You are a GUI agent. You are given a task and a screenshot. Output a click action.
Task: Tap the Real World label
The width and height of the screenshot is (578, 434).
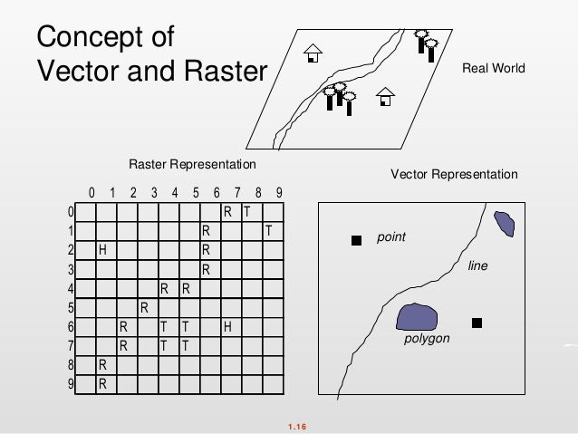[x=494, y=68]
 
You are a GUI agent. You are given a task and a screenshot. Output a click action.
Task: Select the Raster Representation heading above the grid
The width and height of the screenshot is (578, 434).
[x=192, y=165]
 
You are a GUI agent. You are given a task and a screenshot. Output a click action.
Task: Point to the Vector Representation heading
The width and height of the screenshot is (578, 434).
[x=454, y=174]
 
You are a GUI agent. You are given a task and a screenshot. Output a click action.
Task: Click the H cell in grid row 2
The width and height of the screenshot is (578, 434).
[x=103, y=249]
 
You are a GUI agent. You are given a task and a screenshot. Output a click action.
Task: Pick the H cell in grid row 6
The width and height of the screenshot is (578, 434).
[x=227, y=326]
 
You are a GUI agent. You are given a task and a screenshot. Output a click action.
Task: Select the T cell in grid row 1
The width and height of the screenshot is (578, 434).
[x=268, y=230]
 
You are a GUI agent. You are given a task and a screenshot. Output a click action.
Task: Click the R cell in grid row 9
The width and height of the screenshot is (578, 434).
[x=103, y=383]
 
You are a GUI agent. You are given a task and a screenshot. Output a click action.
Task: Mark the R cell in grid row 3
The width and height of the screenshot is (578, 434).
[x=207, y=269]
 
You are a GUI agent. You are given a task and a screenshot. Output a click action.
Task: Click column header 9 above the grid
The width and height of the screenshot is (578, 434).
[x=279, y=192]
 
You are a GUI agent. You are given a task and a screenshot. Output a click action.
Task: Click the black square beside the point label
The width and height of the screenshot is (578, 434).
[x=356, y=240]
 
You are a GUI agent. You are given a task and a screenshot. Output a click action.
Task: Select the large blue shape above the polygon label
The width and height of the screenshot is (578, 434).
[x=417, y=316]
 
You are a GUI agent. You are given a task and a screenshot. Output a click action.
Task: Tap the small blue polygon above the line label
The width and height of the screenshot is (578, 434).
[x=505, y=224]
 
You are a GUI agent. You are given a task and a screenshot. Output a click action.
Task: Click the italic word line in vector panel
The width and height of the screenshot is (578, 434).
[x=477, y=266]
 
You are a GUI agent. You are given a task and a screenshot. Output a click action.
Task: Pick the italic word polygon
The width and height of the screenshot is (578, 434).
[x=427, y=339]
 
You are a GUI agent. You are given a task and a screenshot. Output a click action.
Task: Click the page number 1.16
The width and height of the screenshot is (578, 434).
[x=296, y=424]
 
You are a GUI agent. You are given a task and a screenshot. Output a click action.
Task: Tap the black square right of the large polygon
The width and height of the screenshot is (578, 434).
[x=477, y=323]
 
